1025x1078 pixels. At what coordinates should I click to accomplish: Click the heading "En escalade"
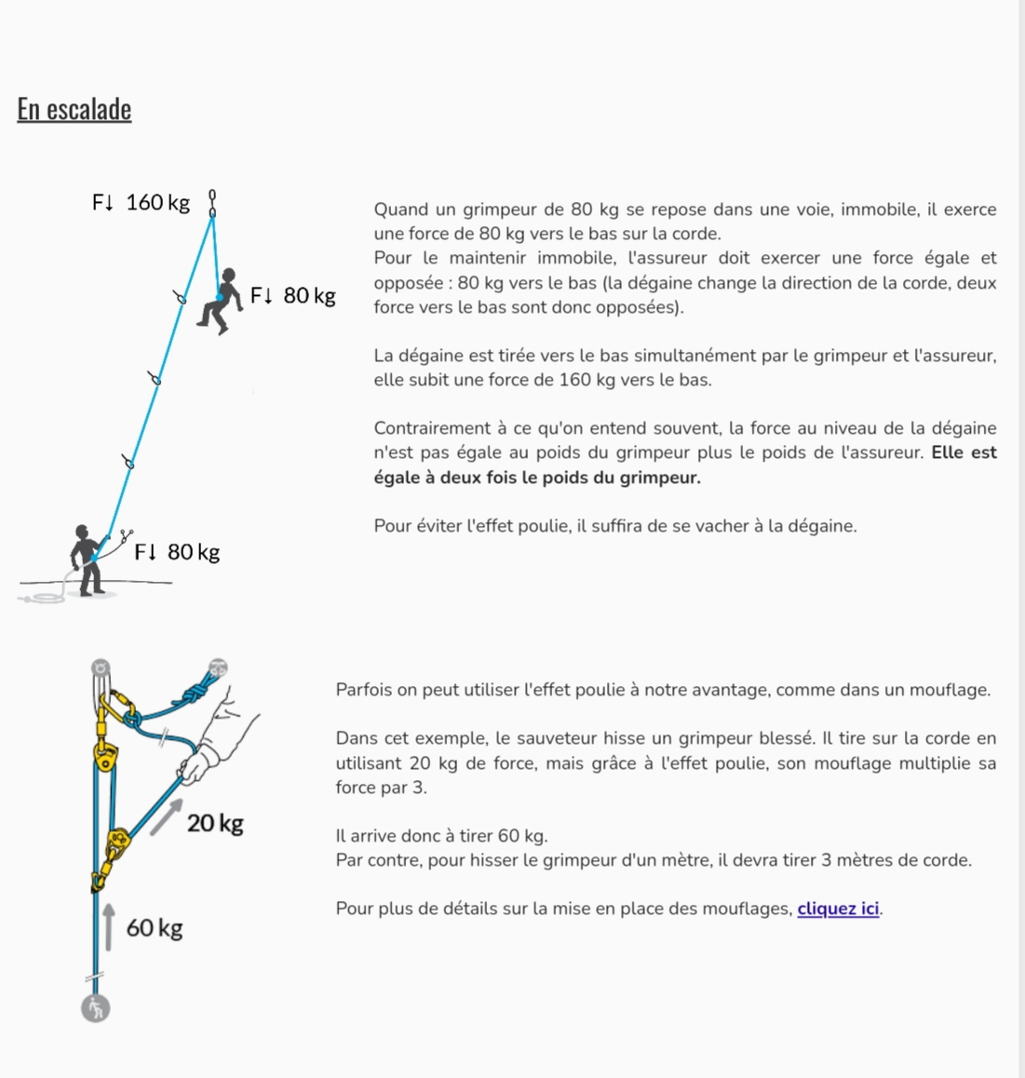(74, 109)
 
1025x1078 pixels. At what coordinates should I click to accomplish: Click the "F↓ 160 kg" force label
(141, 202)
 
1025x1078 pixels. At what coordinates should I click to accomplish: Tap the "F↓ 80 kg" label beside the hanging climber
(292, 295)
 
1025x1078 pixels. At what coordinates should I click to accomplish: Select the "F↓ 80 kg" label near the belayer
(177, 552)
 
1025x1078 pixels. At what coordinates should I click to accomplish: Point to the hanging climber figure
(222, 301)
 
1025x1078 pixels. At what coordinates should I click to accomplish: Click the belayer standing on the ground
(87, 559)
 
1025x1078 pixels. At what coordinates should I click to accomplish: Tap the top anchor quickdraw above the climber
(212, 203)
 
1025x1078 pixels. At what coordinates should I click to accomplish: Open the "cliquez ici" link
(838, 909)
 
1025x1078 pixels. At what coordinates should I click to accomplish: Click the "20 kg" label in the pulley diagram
(215, 823)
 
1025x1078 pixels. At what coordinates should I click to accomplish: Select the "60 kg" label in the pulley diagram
(155, 927)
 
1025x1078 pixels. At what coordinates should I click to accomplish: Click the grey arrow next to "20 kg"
(165, 816)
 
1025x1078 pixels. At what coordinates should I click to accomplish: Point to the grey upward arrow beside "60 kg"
(109, 926)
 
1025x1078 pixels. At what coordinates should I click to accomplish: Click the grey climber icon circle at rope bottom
(95, 1007)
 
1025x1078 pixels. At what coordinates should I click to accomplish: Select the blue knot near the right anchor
(193, 694)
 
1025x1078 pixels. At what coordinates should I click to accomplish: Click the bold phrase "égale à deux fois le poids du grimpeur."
(537, 478)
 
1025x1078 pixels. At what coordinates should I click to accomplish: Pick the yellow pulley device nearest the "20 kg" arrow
(118, 842)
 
